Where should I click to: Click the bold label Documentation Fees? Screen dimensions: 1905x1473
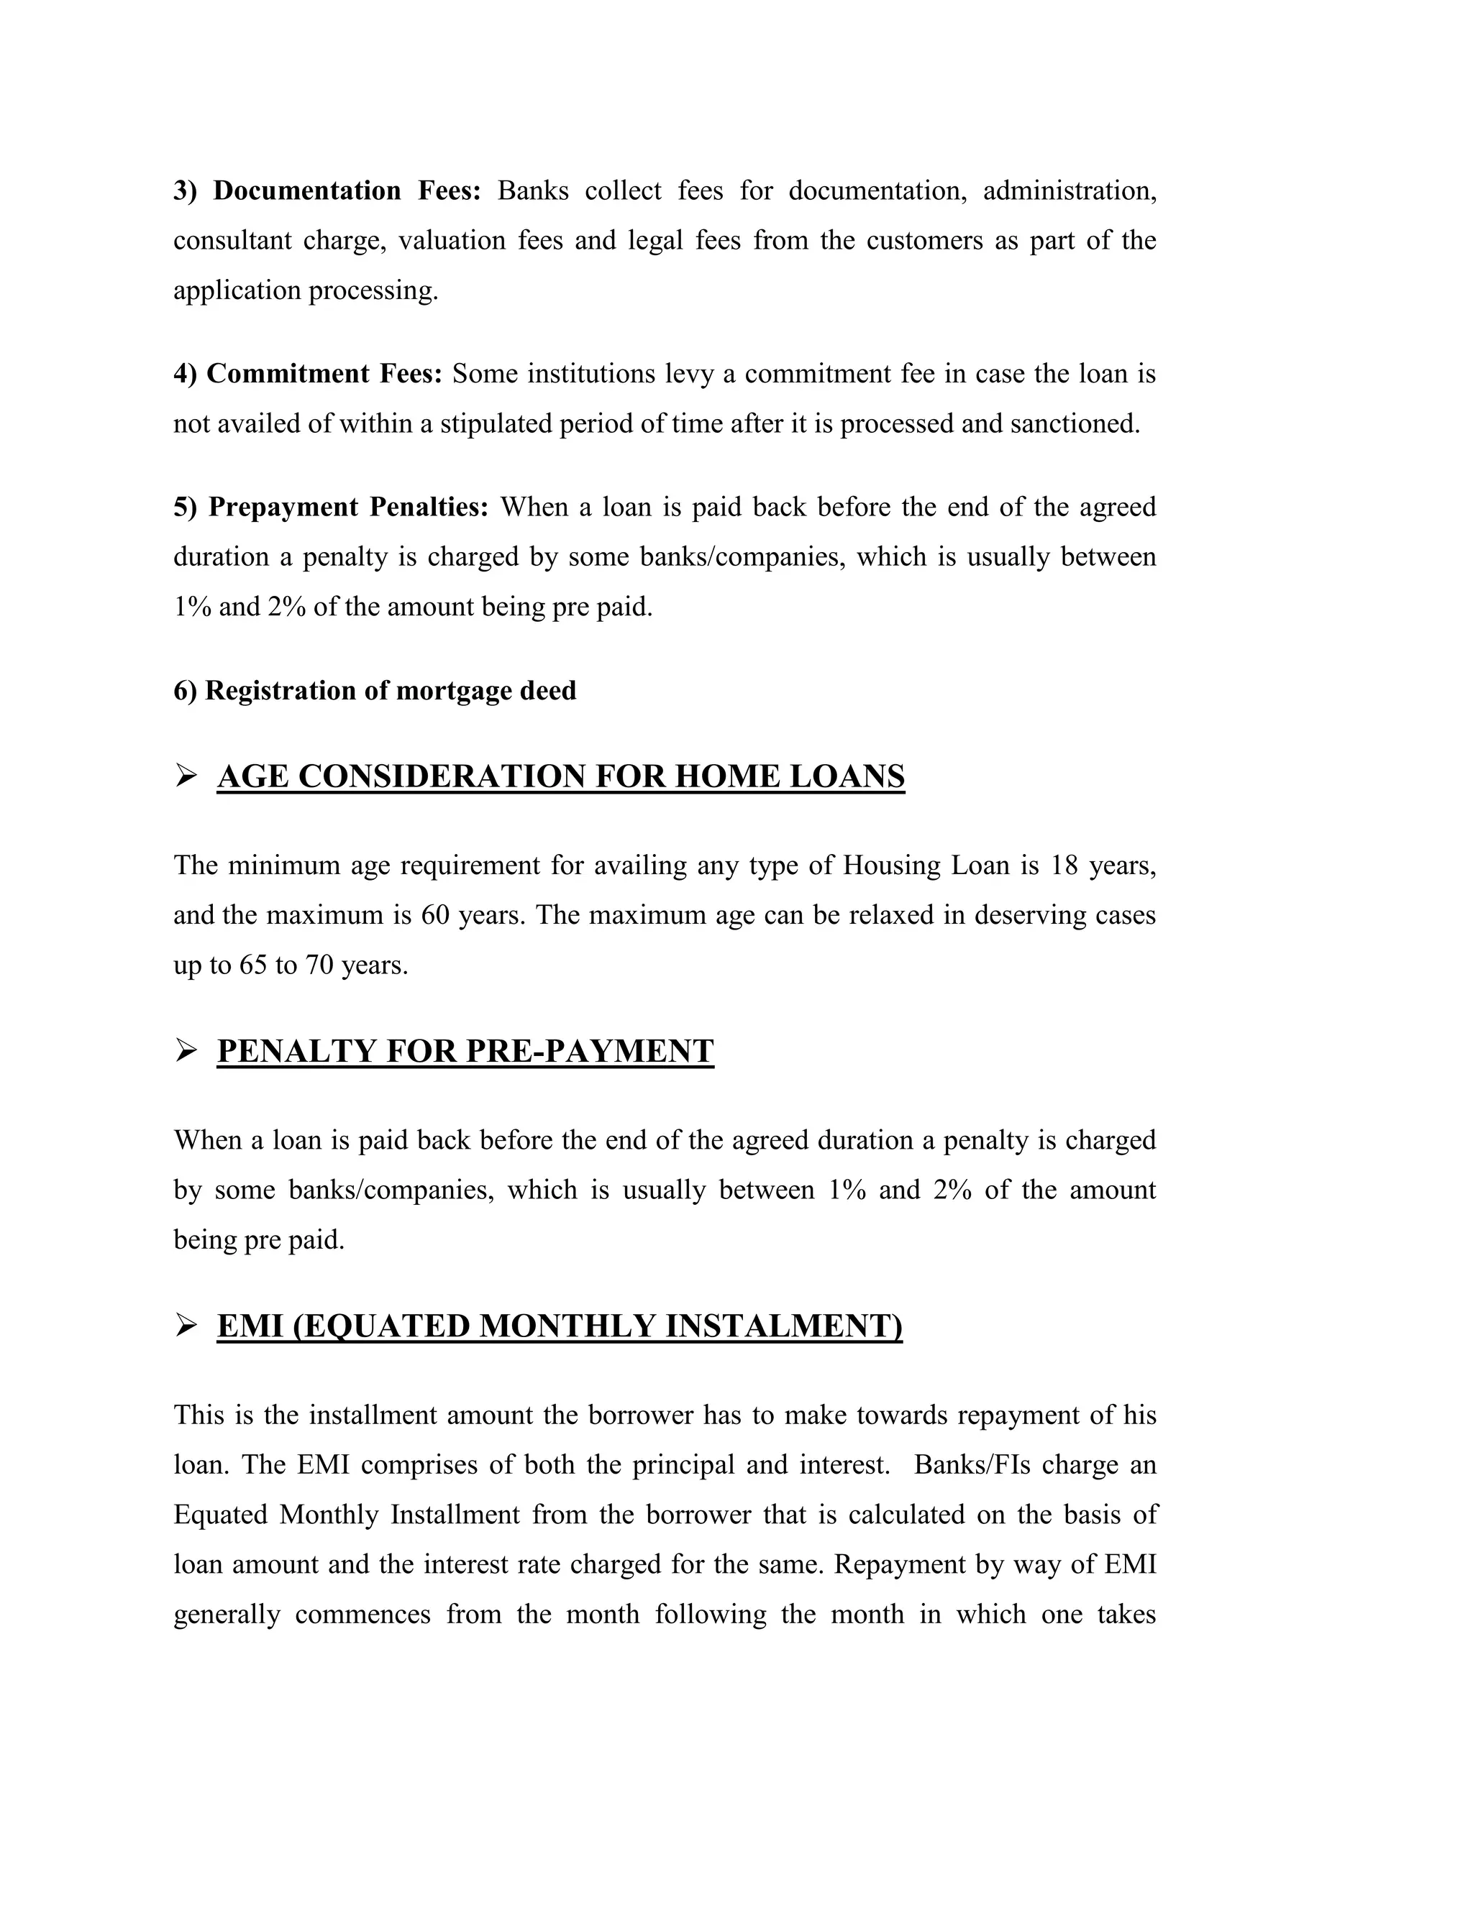347,191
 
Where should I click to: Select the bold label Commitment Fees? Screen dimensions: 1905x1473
324,375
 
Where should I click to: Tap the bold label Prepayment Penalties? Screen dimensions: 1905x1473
348,508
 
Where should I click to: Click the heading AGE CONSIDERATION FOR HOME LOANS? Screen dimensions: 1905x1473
560,776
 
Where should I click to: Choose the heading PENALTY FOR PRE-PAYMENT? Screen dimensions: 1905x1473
465,1051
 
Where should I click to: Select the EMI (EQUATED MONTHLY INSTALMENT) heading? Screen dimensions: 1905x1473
560,1326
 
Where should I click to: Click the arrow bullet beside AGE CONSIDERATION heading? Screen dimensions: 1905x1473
186,776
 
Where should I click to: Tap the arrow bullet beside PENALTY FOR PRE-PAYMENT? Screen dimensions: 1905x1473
186,1050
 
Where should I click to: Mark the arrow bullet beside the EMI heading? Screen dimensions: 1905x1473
186,1325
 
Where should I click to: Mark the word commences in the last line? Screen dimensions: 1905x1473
362,1615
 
